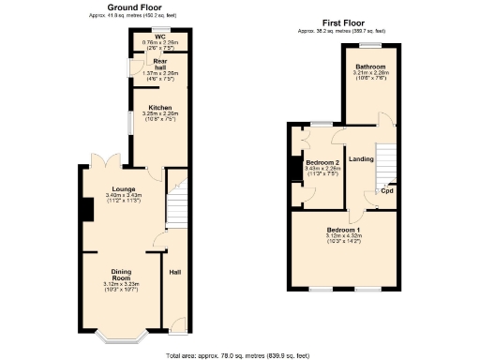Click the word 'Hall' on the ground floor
coord(174,273)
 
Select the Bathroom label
coord(369,67)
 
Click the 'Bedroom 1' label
coord(343,230)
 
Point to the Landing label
coord(361,158)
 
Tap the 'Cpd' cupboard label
coord(386,190)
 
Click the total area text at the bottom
coord(240,355)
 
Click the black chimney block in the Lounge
coord(85,210)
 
